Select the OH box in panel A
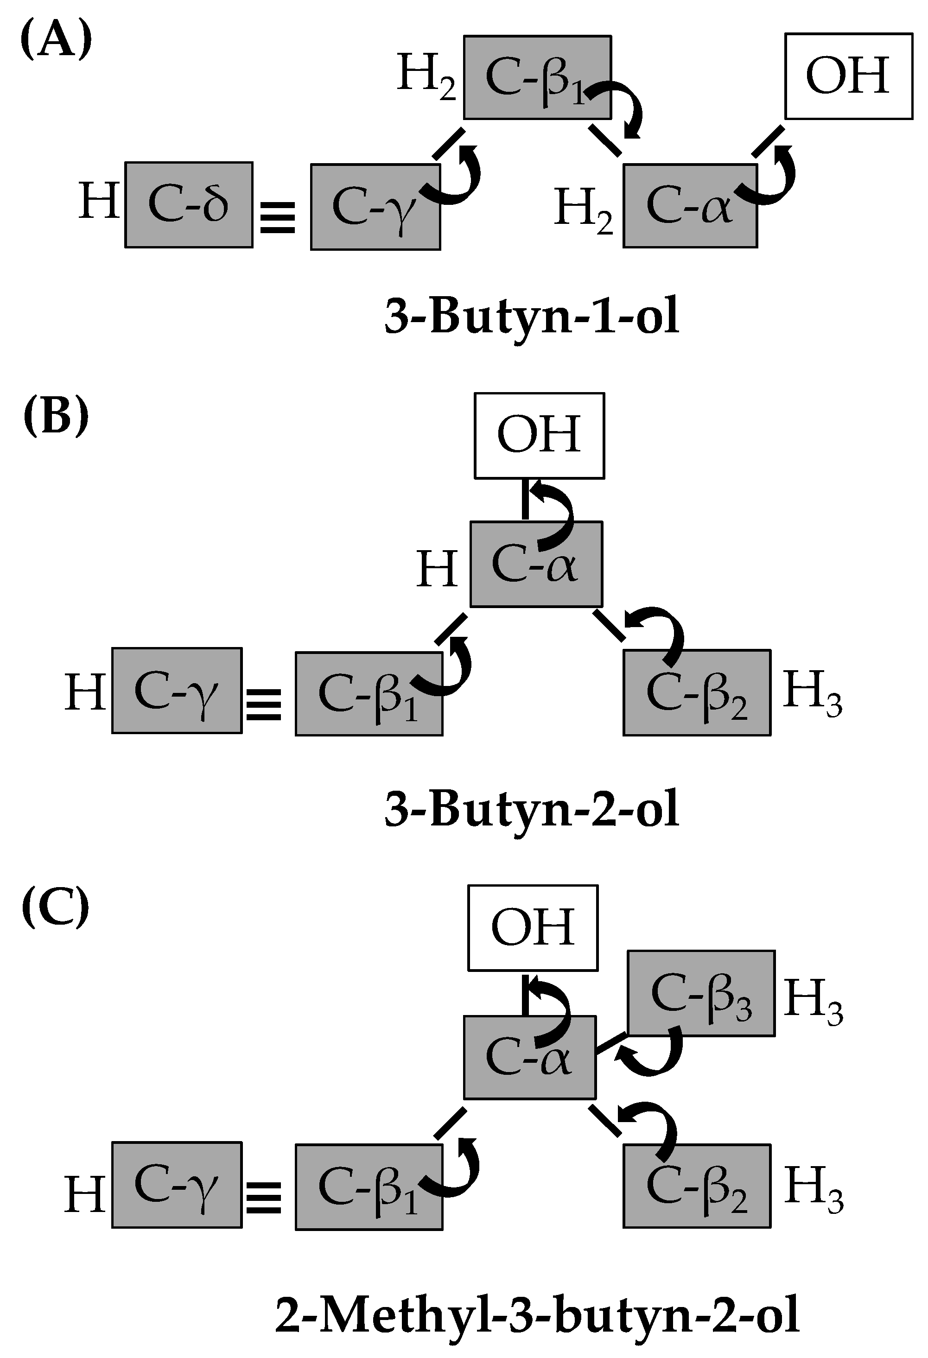pyautogui.click(x=849, y=76)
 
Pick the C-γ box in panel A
pyautogui.click(x=375, y=208)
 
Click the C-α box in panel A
pyautogui.click(x=690, y=206)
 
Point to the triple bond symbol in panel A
pyautogui.click(x=278, y=217)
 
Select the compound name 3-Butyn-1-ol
pyautogui.click(x=532, y=316)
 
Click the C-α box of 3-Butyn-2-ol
pyautogui.click(x=536, y=564)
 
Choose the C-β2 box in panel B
pyautogui.click(x=697, y=692)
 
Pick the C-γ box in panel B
pyautogui.click(x=177, y=690)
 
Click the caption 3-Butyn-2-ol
pyautogui.click(x=532, y=809)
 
